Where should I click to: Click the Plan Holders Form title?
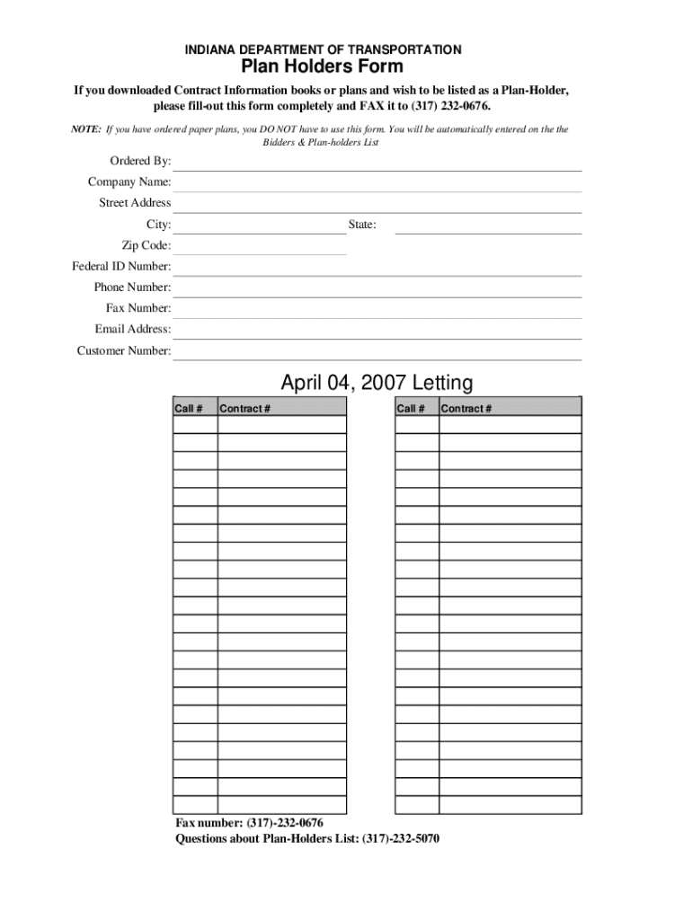pyautogui.click(x=321, y=67)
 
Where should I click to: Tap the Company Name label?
pyautogui.click(x=129, y=182)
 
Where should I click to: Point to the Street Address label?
pyautogui.click(x=135, y=203)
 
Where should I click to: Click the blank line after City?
pyautogui.click(x=259, y=226)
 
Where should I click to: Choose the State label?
pyautogui.click(x=362, y=225)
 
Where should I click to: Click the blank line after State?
pyautogui.click(x=488, y=226)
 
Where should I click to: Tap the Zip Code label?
pyautogui.click(x=146, y=245)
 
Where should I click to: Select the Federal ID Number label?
pyautogui.click(x=121, y=267)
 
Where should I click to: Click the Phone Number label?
pyautogui.click(x=132, y=287)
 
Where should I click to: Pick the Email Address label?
pyautogui.click(x=133, y=329)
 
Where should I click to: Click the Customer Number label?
pyautogui.click(x=123, y=350)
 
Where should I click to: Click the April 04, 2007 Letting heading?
pyautogui.click(x=377, y=384)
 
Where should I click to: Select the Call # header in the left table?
pyautogui.click(x=189, y=409)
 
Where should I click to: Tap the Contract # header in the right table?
pyautogui.click(x=466, y=409)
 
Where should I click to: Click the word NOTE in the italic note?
pyautogui.click(x=87, y=129)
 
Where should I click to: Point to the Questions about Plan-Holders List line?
pyautogui.click(x=307, y=839)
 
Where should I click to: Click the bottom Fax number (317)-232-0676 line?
pyautogui.click(x=249, y=823)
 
